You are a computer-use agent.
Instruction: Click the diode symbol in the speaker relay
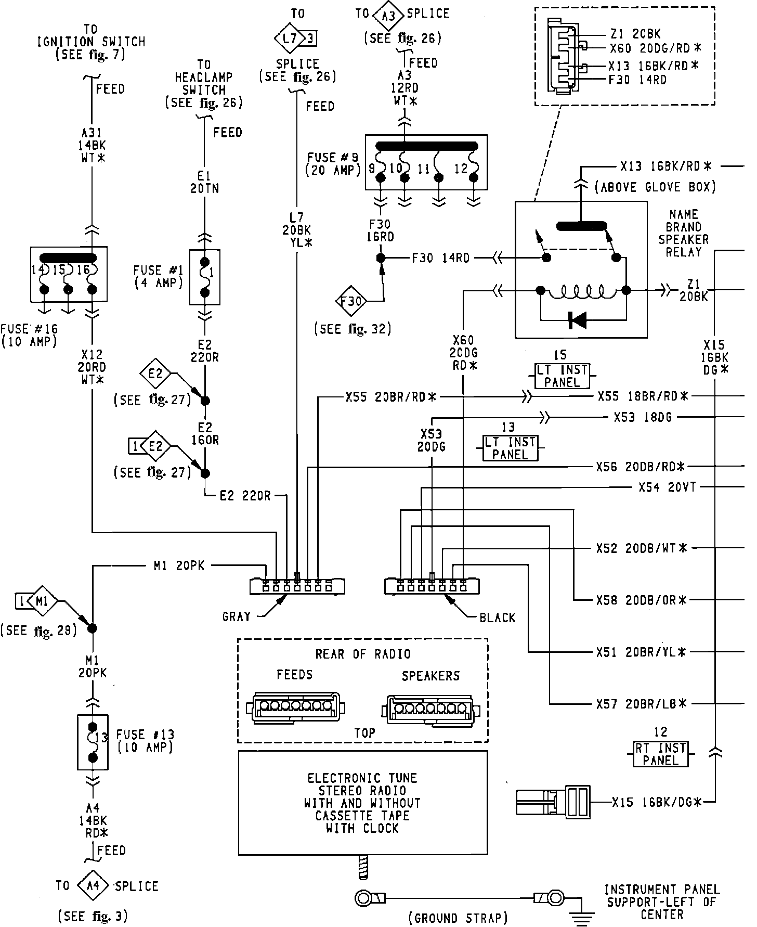(577, 320)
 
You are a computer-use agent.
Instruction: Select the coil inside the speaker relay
(583, 292)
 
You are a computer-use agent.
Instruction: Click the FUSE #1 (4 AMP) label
(158, 276)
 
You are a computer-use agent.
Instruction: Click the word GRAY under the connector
(237, 617)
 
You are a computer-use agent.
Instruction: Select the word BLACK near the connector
(498, 617)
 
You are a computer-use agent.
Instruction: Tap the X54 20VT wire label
(667, 487)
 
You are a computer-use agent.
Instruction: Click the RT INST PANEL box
(661, 754)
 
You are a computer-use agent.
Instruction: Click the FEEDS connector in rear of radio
(297, 707)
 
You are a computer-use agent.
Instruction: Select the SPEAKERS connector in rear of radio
(431, 709)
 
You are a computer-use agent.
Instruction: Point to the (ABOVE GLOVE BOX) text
(655, 187)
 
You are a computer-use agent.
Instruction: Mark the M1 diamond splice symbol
(43, 601)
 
